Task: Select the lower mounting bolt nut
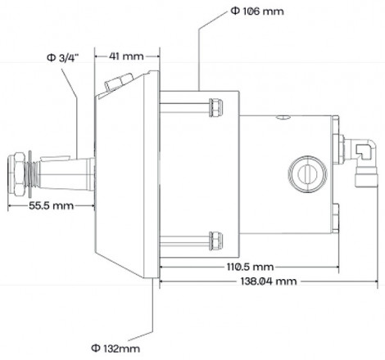pos(215,239)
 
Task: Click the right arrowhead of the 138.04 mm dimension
pos(375,281)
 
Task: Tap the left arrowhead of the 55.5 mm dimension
pos(8,207)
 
